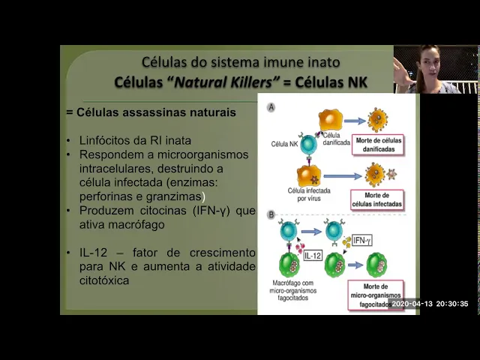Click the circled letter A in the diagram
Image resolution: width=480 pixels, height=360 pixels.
(x=271, y=108)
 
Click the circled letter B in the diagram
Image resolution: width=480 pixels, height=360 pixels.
(x=271, y=215)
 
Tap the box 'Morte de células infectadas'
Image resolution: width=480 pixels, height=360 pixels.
(x=376, y=200)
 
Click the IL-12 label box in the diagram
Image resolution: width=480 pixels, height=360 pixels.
(x=314, y=256)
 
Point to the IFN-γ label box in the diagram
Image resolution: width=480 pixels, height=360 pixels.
(x=362, y=240)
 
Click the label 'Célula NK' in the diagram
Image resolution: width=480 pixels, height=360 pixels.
(x=285, y=142)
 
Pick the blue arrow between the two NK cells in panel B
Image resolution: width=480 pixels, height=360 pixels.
(x=309, y=229)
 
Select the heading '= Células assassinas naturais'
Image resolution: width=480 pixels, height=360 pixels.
(x=151, y=112)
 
